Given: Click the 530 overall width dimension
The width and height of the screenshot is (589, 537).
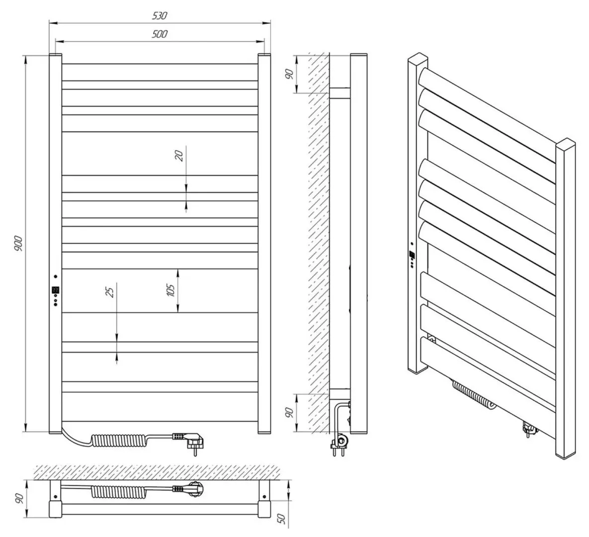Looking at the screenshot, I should click(160, 15).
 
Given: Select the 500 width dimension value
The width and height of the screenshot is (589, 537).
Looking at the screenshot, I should click(160, 34).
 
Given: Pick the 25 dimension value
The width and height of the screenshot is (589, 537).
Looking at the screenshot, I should click(110, 290).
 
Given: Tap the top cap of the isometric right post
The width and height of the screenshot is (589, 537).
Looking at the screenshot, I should click(567, 145).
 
